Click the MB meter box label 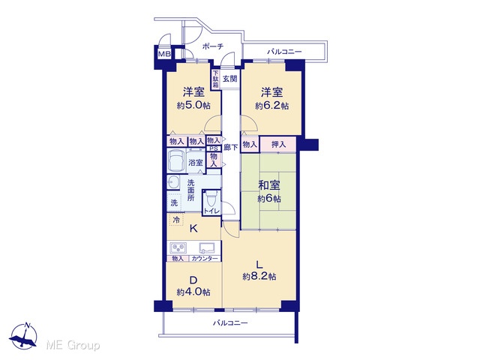click(x=164, y=54)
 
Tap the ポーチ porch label click(x=213, y=46)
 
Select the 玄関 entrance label click(x=229, y=79)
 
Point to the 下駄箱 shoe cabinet click(x=216, y=79)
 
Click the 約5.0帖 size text click(x=193, y=106)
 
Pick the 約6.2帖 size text click(x=271, y=106)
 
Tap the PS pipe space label click(x=214, y=148)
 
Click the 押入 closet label click(x=278, y=144)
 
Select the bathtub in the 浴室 click(x=177, y=161)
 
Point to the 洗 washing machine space click(x=174, y=202)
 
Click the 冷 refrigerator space click(x=176, y=220)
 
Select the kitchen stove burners click(x=178, y=247)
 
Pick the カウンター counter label click(x=205, y=259)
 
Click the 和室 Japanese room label click(x=269, y=185)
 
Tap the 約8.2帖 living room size click(x=259, y=277)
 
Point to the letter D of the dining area click(x=193, y=280)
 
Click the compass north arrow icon click(x=23, y=337)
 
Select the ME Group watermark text click(x=73, y=345)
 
